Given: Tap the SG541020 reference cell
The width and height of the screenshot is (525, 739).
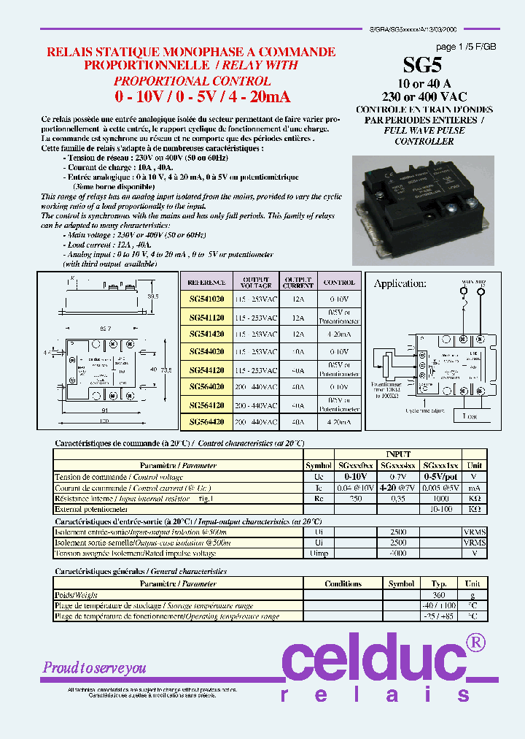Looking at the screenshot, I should click(x=206, y=299).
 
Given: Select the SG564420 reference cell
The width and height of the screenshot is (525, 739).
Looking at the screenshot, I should click(x=206, y=422).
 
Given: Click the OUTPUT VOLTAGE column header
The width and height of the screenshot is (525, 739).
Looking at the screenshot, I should click(x=256, y=282).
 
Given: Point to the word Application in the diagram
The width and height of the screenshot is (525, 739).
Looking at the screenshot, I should click(x=400, y=283).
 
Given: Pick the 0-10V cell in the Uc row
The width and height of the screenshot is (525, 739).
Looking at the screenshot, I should click(x=354, y=476).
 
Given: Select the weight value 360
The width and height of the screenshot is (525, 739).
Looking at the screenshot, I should click(x=439, y=595).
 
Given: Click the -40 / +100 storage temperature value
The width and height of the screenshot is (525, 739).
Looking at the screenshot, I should click(x=439, y=605).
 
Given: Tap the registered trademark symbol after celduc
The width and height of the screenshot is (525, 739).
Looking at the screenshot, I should click(x=475, y=642).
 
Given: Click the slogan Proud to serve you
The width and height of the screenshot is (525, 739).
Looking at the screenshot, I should click(x=95, y=667).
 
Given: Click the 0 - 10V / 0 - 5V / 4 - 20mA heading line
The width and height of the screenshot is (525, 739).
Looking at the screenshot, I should click(x=202, y=96).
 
